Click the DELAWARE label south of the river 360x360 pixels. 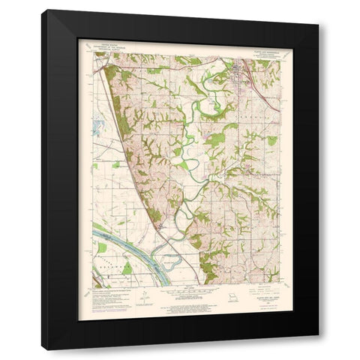(112, 263)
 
